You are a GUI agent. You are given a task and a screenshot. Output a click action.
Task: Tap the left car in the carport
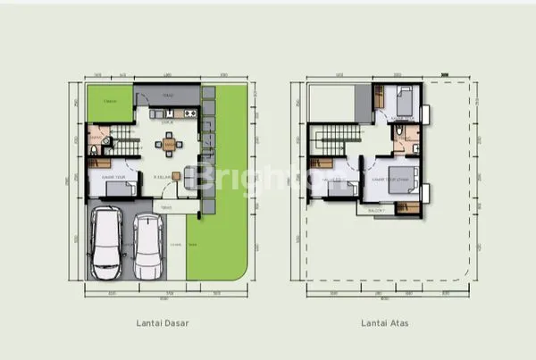[x=109, y=242]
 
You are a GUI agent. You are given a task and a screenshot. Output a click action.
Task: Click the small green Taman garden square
[x=109, y=105]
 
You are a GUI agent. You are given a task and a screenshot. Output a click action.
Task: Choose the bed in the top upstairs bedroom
[x=401, y=100]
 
